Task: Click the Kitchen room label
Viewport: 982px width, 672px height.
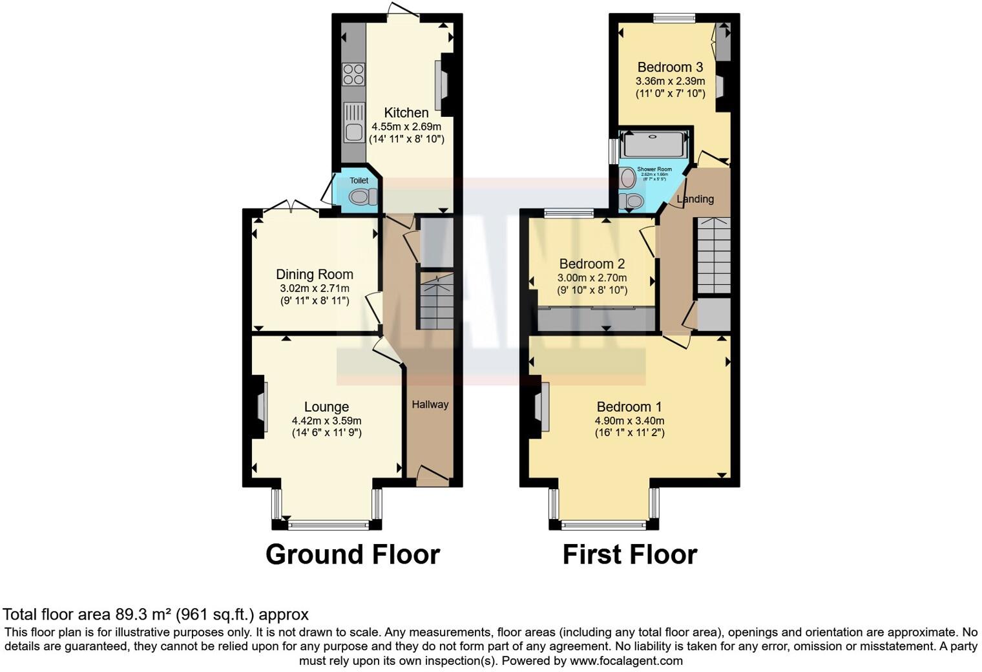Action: [406, 112]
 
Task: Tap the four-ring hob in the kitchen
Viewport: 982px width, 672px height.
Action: [353, 74]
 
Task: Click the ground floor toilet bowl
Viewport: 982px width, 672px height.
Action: [364, 196]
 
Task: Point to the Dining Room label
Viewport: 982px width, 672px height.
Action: [314, 275]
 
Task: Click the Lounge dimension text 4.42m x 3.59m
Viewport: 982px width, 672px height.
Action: [326, 421]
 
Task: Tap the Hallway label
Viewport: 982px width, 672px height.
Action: [430, 404]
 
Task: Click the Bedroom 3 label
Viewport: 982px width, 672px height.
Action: [670, 67]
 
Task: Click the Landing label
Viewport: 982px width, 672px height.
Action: [695, 199]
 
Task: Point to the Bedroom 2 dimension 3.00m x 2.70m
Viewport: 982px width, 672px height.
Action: [592, 278]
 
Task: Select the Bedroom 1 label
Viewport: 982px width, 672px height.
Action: [629, 407]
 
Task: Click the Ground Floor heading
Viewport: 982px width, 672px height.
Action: [353, 554]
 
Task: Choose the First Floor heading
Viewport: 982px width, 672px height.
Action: [629, 554]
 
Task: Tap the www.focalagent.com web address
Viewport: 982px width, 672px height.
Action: [626, 661]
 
